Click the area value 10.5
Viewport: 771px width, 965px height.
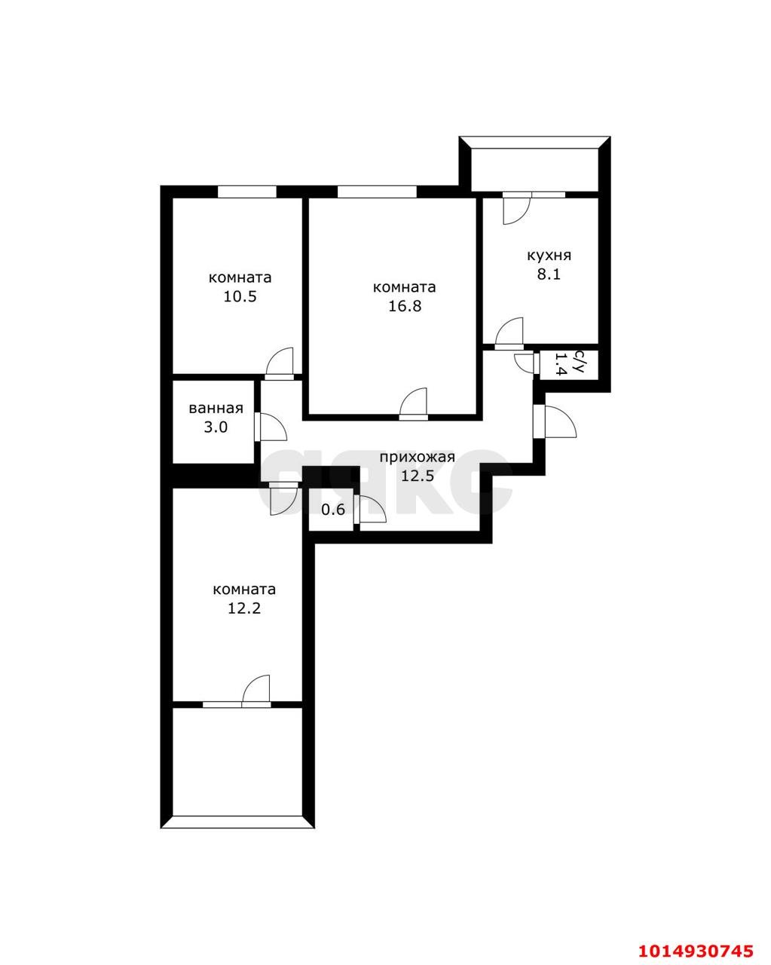240,296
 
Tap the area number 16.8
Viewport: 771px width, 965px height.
404,306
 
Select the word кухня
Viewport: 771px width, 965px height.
549,256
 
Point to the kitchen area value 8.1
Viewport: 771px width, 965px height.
549,274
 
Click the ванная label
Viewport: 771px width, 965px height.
216,409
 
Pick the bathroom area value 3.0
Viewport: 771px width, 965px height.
216,427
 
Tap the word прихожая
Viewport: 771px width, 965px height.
417,457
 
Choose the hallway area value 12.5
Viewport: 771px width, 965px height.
417,476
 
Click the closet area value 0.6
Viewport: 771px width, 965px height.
333,510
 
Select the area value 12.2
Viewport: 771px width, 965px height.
243,608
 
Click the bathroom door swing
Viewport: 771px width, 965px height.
272,427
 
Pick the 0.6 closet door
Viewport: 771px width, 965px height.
372,510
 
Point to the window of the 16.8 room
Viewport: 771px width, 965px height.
376,191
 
